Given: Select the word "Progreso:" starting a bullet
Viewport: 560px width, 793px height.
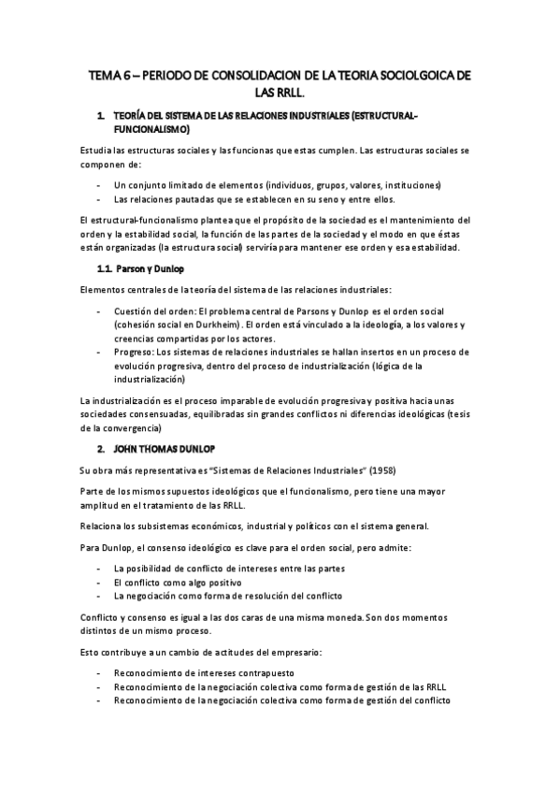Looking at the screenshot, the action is tap(133, 352).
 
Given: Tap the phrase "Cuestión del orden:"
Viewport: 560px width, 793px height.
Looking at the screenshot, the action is tap(153, 310).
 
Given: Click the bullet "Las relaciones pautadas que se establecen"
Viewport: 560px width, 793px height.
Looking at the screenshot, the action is tap(253, 198).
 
